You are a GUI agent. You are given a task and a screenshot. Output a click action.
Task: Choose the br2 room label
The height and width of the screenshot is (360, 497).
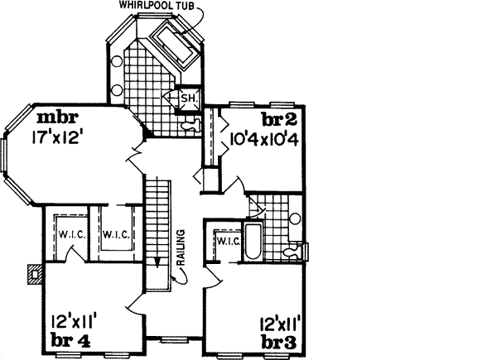[x=279, y=118]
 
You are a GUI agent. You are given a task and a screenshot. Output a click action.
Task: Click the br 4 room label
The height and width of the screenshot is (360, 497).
[x=69, y=338]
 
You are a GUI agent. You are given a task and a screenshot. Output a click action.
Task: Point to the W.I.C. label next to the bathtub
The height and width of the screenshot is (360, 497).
[x=227, y=241]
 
